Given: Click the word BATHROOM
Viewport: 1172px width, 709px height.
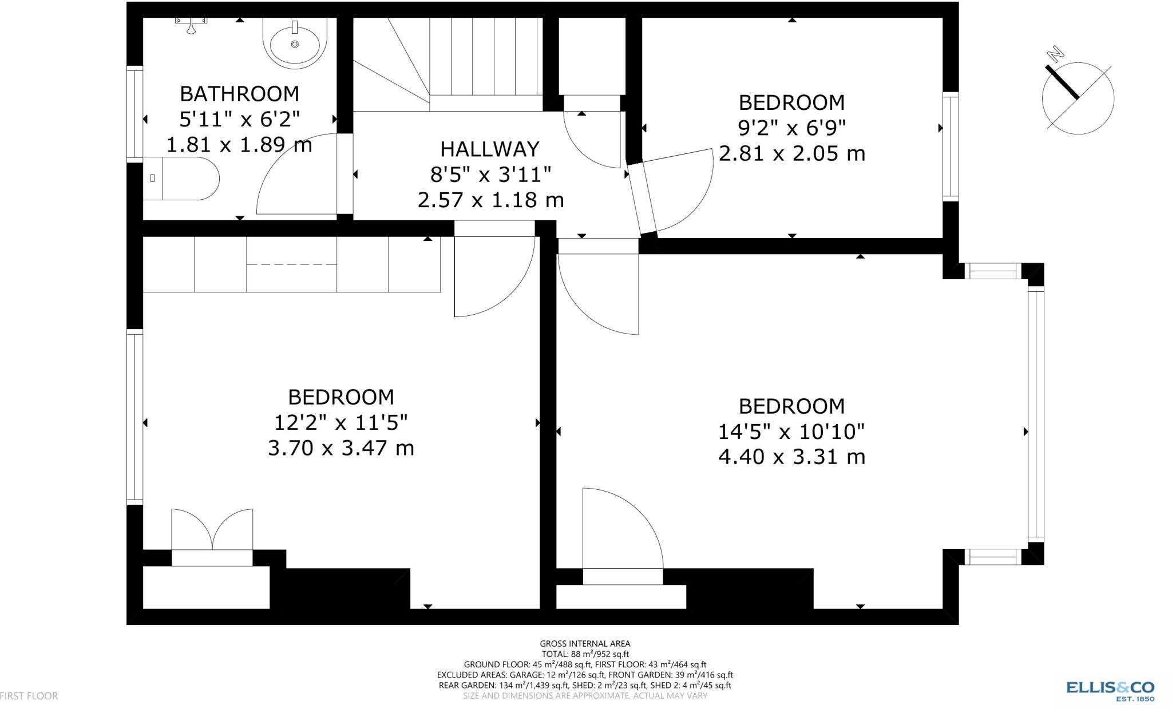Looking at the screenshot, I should point(239,93).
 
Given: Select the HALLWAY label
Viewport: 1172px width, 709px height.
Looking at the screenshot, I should point(490,149).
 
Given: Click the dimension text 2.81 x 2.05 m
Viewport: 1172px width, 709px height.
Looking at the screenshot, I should point(791,153).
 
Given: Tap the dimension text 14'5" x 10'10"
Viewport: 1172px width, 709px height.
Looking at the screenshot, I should point(791,431).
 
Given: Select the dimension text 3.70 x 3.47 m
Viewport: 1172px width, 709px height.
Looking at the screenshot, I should point(341,447).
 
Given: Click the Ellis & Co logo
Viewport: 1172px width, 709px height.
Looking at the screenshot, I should point(1110,689).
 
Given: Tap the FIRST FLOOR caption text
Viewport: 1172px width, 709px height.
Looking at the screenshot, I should point(29,696).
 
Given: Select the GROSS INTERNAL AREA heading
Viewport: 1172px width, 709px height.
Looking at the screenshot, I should point(585,644).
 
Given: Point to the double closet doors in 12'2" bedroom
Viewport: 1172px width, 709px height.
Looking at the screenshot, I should point(212,529).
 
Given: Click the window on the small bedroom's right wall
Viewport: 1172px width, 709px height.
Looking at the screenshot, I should point(950,146).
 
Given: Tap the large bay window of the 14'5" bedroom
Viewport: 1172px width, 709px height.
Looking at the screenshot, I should point(1035,414).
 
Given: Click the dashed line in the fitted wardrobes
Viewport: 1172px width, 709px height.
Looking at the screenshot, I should point(291,264).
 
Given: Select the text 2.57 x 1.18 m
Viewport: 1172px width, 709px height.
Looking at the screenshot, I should point(490,200).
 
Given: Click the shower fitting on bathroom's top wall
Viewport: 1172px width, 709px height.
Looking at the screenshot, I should point(191,23).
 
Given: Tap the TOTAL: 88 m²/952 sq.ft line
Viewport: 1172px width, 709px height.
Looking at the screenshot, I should point(585,654).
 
